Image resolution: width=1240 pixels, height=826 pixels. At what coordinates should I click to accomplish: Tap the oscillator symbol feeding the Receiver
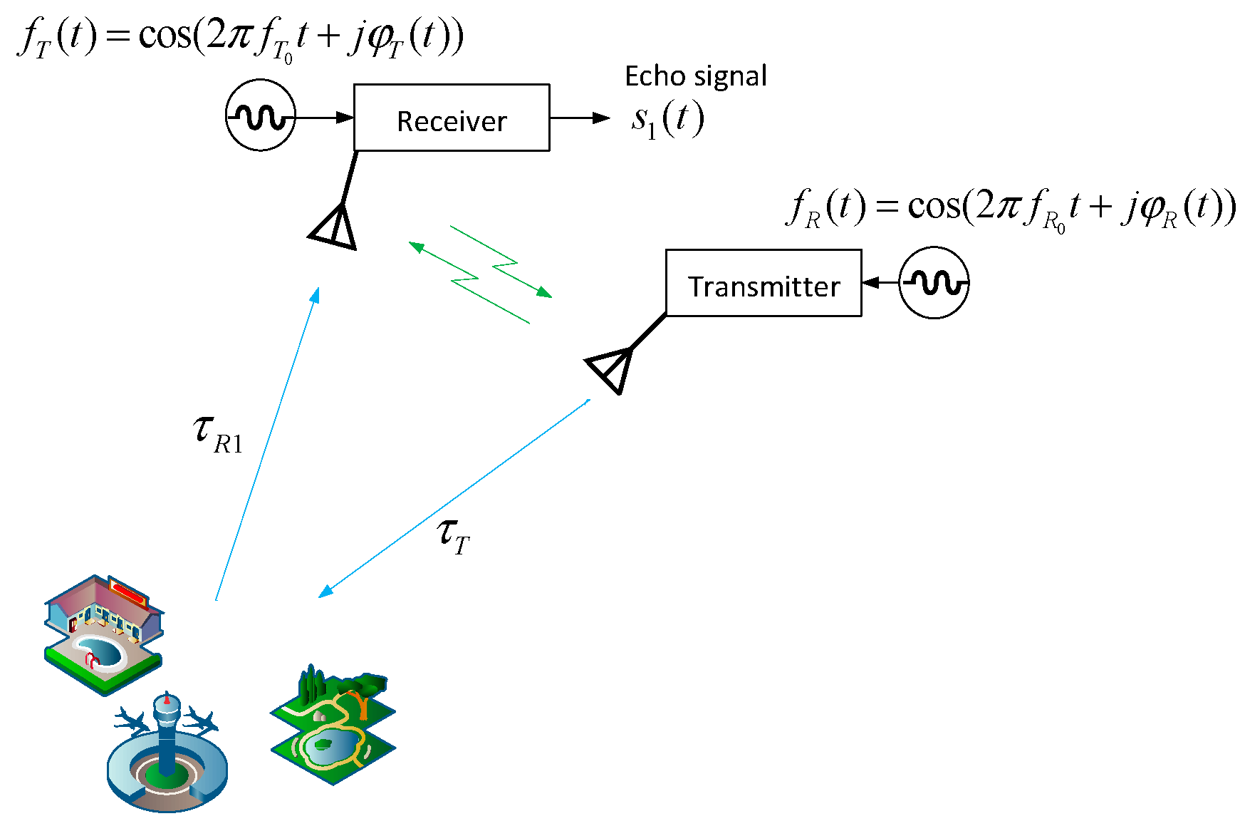pos(261,115)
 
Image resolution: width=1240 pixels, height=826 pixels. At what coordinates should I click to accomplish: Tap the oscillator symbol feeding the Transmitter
pos(934,282)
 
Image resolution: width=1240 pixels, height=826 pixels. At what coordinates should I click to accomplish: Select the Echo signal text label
pos(695,76)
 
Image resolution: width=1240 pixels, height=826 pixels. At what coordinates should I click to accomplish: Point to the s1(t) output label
pos(667,120)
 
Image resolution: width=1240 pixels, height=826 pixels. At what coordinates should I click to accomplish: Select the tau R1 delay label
pos(217,433)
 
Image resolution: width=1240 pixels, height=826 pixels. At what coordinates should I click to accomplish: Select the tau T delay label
pos(453,535)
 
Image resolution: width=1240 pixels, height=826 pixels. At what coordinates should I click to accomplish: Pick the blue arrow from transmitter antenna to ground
pos(454,498)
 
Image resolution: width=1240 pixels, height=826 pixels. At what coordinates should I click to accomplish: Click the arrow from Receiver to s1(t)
pos(579,118)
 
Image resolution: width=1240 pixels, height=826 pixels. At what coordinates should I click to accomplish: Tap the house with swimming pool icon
pos(104,634)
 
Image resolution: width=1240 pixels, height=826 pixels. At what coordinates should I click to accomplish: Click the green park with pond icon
pos(333,727)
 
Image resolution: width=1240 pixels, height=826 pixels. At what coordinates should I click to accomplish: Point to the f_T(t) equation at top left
pos(241,37)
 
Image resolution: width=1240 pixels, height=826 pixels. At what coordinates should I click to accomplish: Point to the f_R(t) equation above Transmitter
pos(1010,207)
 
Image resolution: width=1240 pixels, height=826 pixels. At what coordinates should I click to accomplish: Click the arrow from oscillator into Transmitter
pos(880,283)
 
